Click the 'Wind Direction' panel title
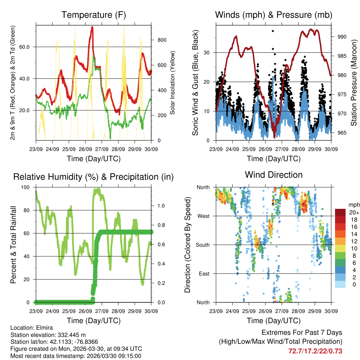tap(274, 174)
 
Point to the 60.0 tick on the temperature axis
tap(28, 47)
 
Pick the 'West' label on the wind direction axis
tap(204, 216)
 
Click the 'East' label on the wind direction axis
tap(204, 274)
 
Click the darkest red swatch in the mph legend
tap(340, 212)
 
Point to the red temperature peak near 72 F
tap(92, 27)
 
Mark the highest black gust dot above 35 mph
tap(272, 31)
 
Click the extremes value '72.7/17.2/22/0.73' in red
tap(315, 351)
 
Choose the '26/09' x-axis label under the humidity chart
tap(85, 311)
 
